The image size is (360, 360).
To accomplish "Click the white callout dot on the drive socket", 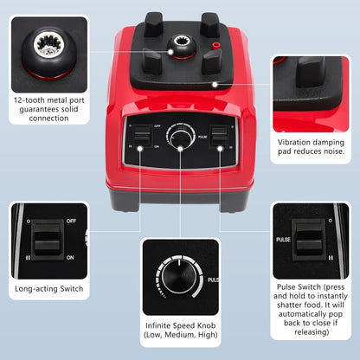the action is click(x=170, y=52).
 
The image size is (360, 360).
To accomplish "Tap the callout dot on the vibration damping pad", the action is click(x=215, y=85).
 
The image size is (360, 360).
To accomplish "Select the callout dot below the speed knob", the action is click(x=180, y=149).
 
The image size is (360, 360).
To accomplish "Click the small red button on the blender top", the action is click(x=215, y=46).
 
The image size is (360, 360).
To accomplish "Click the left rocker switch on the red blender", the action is click(x=143, y=135).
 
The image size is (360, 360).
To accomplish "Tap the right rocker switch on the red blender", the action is click(x=220, y=136).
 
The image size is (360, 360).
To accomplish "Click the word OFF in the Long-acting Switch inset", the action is click(x=71, y=221).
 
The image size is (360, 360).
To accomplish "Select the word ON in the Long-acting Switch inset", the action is click(x=70, y=257).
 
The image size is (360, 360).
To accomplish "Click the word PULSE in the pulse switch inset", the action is click(x=283, y=240).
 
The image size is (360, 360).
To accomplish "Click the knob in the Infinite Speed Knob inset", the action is click(x=178, y=278).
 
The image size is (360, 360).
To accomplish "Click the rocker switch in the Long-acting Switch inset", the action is click(x=48, y=240).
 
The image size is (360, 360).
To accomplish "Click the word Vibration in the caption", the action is click(x=294, y=142).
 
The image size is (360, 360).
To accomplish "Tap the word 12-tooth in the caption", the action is click(x=29, y=100).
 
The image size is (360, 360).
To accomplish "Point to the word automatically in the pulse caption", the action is click(x=311, y=314).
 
